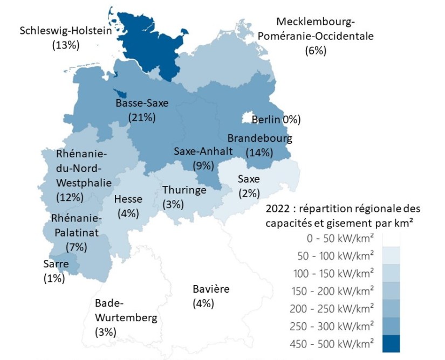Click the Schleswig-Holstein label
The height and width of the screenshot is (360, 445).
[65, 31]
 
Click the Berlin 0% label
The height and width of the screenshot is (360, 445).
[276, 119]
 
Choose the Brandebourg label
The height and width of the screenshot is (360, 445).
[259, 139]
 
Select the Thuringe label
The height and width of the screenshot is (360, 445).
[184, 190]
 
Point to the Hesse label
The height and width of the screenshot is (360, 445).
[128, 199]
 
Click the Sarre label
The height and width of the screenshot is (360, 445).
[56, 264]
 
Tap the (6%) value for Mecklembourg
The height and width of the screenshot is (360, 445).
[316, 51]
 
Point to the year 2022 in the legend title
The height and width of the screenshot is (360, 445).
[279, 208]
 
